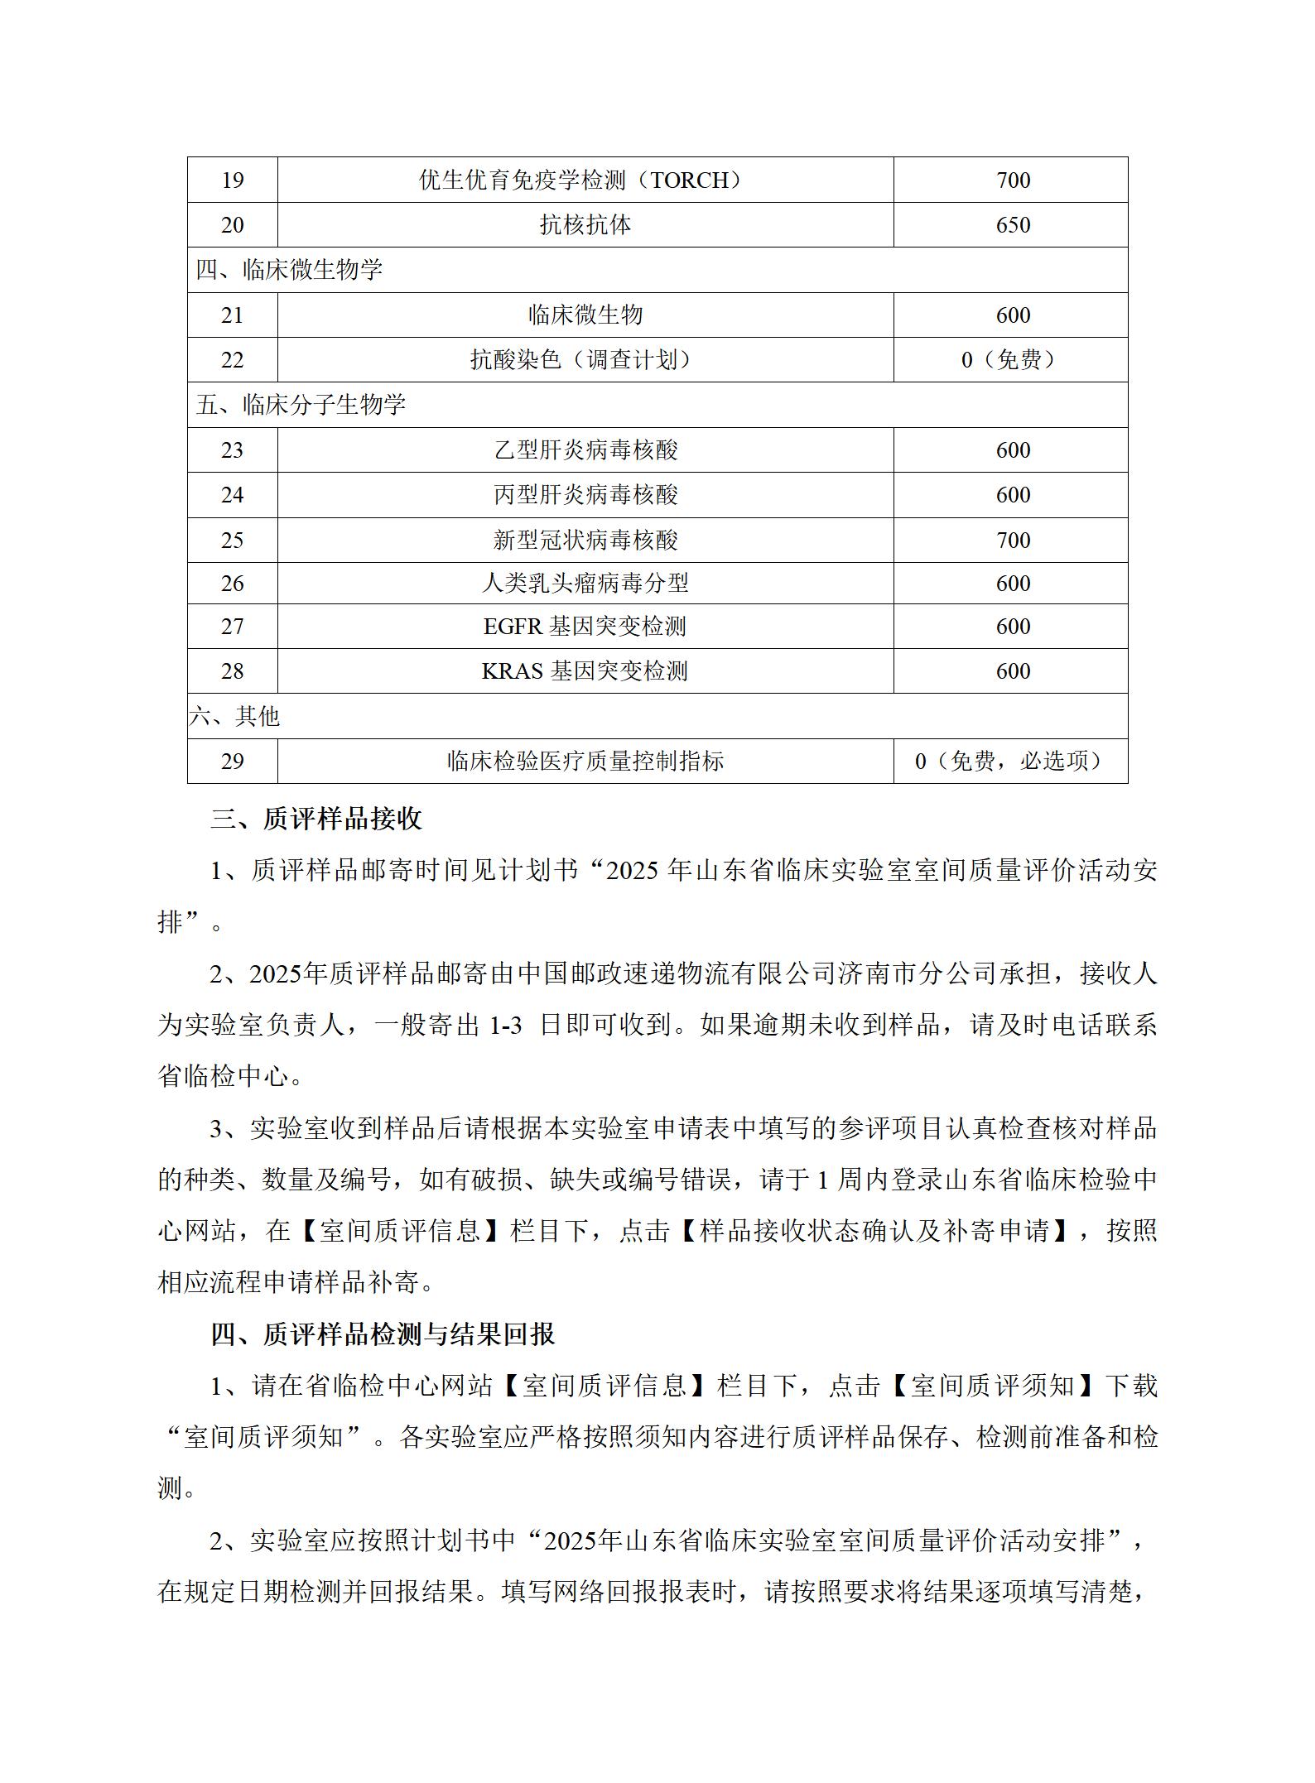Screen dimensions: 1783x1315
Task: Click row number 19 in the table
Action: point(232,180)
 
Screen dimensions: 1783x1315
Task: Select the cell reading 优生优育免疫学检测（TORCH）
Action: point(585,180)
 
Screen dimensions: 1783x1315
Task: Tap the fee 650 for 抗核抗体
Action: point(1012,225)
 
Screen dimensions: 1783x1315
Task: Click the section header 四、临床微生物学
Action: point(289,270)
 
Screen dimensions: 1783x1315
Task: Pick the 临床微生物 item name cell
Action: point(585,315)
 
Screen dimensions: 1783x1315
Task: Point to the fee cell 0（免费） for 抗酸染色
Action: point(1012,360)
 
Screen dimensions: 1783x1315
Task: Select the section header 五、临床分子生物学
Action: point(301,405)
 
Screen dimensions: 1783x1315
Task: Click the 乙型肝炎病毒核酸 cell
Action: point(585,450)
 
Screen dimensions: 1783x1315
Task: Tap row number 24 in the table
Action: point(232,495)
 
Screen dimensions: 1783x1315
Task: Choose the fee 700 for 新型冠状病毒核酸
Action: point(1012,541)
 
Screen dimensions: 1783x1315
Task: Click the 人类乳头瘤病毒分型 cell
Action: point(585,584)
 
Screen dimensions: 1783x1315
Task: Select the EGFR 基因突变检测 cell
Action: point(585,627)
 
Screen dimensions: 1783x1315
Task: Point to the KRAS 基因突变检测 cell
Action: point(585,671)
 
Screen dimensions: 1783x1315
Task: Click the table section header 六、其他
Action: point(235,717)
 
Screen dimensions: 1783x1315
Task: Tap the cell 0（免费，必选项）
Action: point(1012,762)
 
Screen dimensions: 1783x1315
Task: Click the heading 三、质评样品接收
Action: point(316,819)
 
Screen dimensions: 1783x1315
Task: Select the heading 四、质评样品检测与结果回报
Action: point(383,1334)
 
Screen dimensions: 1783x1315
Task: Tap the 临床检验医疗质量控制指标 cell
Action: point(585,762)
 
